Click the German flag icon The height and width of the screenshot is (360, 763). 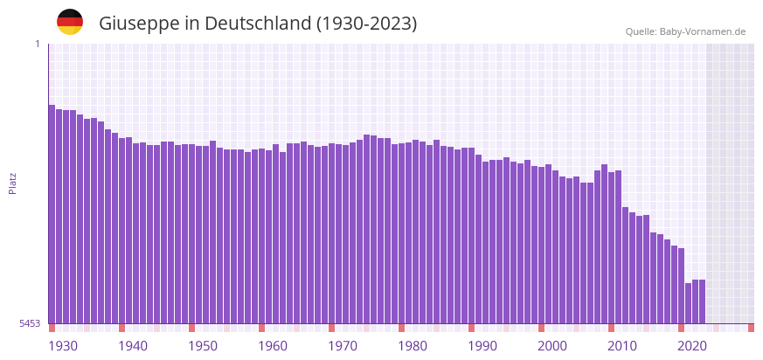(x=70, y=23)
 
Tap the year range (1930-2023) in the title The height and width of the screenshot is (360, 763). (x=367, y=24)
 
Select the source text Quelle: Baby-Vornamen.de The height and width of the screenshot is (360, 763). (x=685, y=31)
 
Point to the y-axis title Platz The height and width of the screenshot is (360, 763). (x=13, y=183)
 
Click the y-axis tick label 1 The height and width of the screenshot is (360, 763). (x=37, y=44)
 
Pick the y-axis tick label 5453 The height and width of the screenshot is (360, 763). (x=30, y=323)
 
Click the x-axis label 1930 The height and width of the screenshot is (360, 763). (x=63, y=346)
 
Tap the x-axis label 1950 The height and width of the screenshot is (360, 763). (x=203, y=346)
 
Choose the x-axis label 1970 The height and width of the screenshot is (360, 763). (x=343, y=346)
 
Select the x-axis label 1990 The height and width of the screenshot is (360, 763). (x=482, y=346)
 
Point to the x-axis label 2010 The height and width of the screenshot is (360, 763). (x=622, y=346)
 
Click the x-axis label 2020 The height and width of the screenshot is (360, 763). (x=692, y=346)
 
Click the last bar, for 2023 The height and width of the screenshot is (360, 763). (x=702, y=301)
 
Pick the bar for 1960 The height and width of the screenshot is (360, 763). (x=261, y=236)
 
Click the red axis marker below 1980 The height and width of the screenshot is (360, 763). (x=401, y=328)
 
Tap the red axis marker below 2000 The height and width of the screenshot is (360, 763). (x=541, y=328)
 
